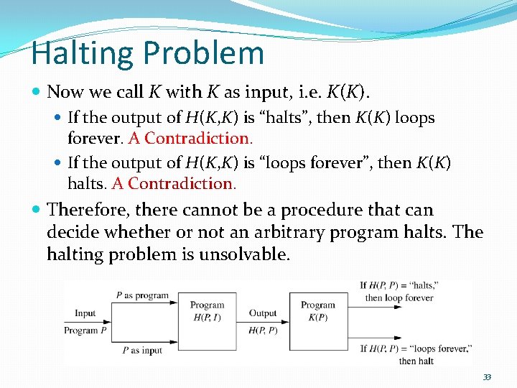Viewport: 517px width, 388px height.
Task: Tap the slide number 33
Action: point(487,377)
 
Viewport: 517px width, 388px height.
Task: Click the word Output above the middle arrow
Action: point(263,313)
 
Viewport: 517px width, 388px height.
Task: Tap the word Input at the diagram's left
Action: point(85,313)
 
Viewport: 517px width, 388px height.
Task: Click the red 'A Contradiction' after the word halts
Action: point(174,183)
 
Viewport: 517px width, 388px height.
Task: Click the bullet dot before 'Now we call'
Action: point(37,92)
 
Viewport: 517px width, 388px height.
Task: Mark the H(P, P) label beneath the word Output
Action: point(263,331)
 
